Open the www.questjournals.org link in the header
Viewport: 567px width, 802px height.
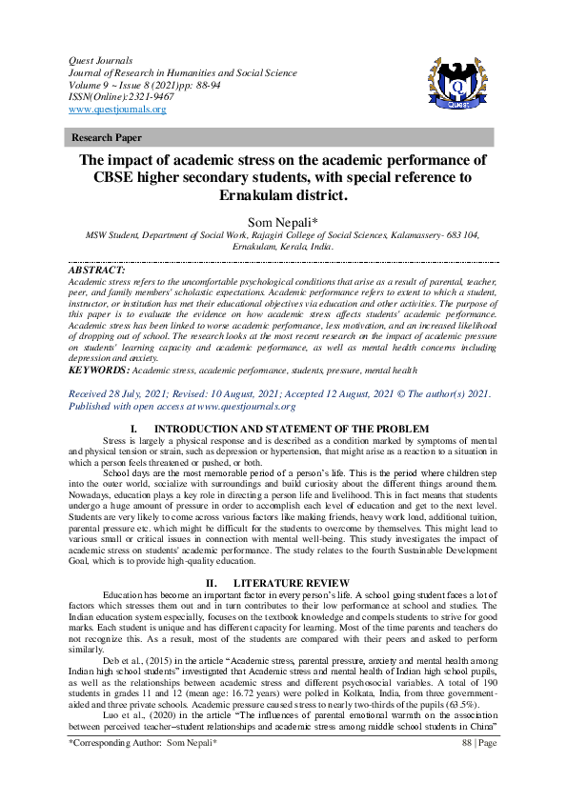(x=117, y=110)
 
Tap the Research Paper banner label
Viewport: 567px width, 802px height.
(x=107, y=138)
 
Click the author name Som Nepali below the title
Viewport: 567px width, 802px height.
(x=283, y=223)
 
